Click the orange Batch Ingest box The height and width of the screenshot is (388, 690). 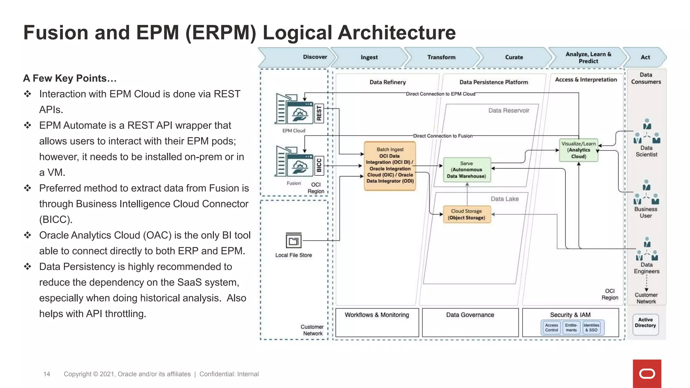point(390,166)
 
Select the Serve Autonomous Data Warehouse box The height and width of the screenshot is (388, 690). point(467,170)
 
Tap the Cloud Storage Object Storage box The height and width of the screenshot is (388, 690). point(467,215)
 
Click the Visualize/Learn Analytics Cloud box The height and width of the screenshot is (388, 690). point(578,150)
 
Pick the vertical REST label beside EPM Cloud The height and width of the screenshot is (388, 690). point(319,114)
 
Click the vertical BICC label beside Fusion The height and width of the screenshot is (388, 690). point(319,165)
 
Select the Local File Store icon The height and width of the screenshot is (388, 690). point(293,241)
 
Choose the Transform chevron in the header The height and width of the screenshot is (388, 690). point(441,57)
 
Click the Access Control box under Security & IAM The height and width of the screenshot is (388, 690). point(552,328)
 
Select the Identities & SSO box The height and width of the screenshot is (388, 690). point(591,328)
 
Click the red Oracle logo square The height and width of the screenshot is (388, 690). point(647,374)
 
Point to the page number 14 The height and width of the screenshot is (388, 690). point(47,374)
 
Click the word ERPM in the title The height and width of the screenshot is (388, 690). point(221,33)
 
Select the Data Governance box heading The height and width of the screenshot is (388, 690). point(470,315)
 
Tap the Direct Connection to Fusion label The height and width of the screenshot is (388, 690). point(443,136)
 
